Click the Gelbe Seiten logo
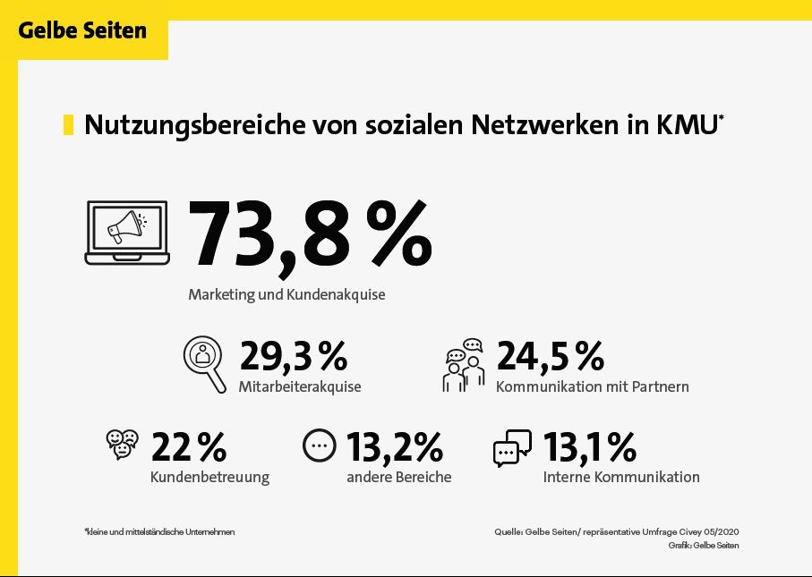(x=82, y=30)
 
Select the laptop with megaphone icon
(x=127, y=232)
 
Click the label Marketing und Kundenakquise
(x=286, y=293)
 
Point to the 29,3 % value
(x=293, y=356)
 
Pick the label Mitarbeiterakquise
(x=300, y=386)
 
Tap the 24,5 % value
(x=550, y=356)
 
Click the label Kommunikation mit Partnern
(x=592, y=386)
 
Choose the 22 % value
(x=189, y=446)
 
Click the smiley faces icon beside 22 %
(x=122, y=444)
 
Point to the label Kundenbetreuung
(x=209, y=477)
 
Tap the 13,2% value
(x=395, y=446)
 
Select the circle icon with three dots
(x=318, y=445)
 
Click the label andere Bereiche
(x=398, y=477)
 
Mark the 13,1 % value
(x=589, y=446)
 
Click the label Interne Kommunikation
(x=620, y=477)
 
